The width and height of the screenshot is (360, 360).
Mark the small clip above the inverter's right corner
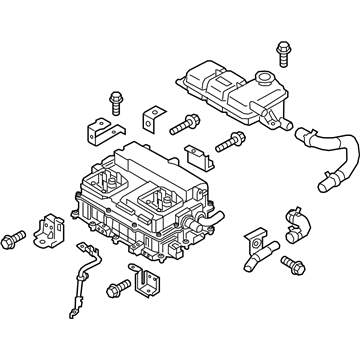(199, 156)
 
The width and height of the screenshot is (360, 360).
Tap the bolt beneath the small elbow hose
(292, 264)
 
